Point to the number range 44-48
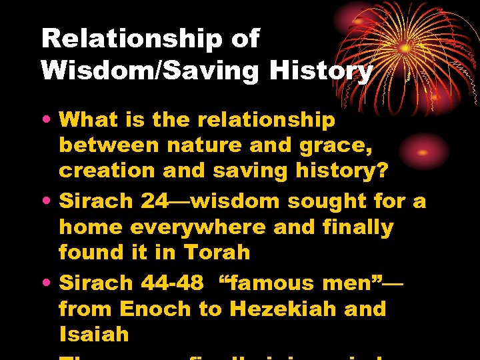[173, 283]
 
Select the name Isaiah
[93, 334]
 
